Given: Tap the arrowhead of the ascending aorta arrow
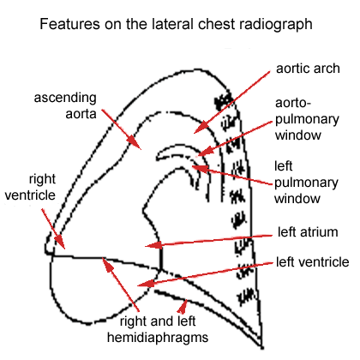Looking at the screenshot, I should coord(139,147).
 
